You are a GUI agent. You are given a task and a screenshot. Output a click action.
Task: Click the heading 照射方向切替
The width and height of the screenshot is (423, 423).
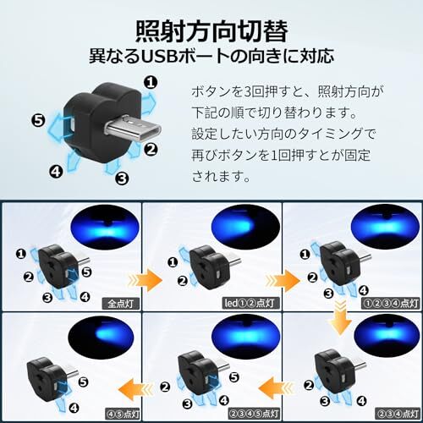(211, 30)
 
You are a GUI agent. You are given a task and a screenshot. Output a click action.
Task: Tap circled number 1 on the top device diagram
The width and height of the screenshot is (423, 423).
(150, 82)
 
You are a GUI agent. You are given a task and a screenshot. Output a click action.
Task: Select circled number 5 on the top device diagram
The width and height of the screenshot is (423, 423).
(37, 119)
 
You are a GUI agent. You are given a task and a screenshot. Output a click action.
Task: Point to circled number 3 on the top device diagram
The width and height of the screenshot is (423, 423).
(121, 178)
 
